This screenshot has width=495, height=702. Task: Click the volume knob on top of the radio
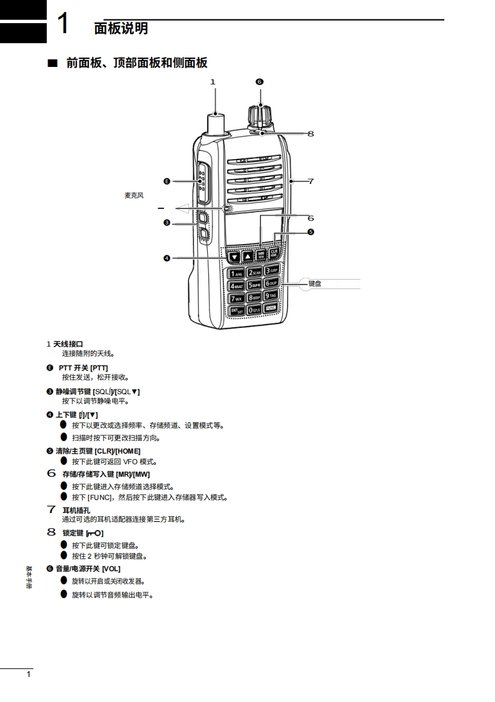[x=260, y=116]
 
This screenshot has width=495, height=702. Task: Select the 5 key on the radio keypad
[x=254, y=285]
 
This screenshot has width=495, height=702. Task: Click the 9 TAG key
[x=271, y=296]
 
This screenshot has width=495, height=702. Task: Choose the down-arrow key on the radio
[x=233, y=256]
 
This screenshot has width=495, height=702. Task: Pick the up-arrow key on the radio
[x=247, y=256]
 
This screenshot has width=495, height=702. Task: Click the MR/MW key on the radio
[x=261, y=255]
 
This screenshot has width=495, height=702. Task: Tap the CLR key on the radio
[x=273, y=254]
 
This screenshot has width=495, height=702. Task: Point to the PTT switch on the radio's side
[x=203, y=181]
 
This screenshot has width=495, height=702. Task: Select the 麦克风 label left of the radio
[x=134, y=195]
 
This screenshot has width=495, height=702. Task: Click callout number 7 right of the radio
[x=310, y=181]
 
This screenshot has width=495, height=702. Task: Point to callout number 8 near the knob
[x=310, y=133]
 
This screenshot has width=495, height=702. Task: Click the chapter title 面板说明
[x=121, y=28]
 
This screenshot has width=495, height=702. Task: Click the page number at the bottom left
[x=28, y=674]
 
